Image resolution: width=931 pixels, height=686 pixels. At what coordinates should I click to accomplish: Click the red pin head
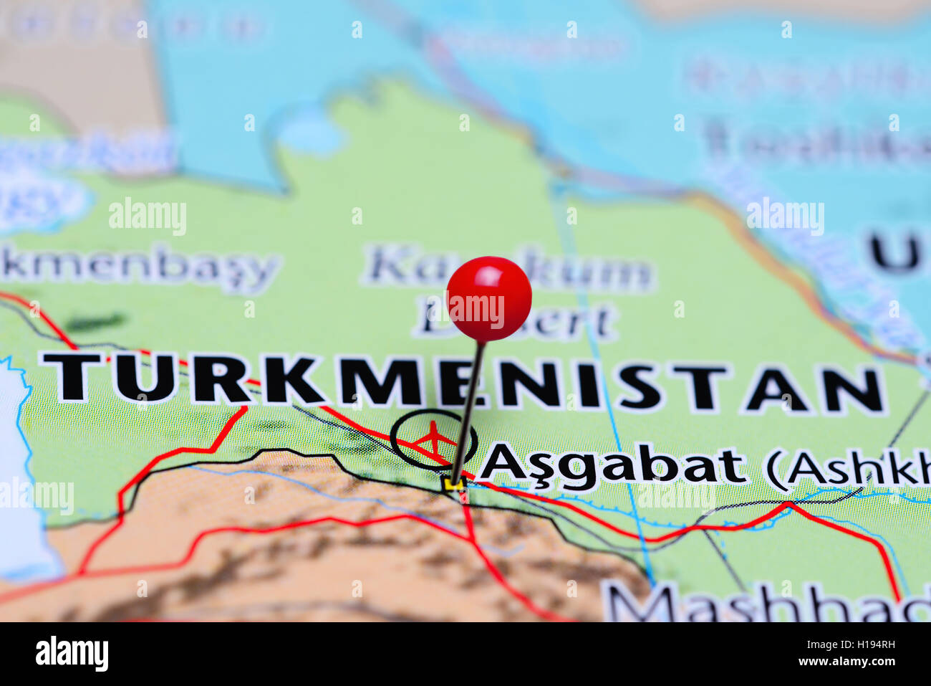click(489, 297)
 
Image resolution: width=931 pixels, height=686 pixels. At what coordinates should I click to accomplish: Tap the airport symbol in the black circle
click(433, 439)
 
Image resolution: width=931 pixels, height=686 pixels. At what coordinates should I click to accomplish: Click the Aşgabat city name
click(612, 466)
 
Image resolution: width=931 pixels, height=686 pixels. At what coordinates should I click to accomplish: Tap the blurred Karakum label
click(508, 270)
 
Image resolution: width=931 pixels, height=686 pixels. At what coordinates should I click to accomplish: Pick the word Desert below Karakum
click(516, 320)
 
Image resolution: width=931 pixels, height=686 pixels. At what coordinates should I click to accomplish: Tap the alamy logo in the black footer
click(72, 654)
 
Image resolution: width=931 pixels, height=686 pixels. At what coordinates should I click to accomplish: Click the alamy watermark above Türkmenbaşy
click(148, 216)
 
